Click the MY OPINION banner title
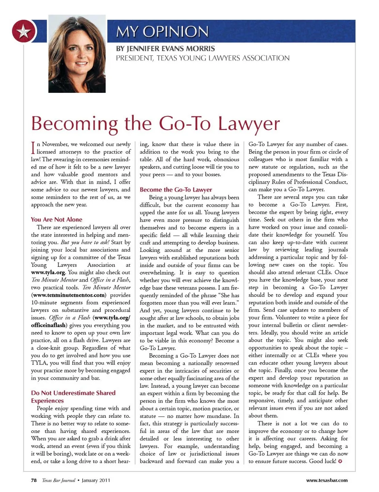click(162, 32)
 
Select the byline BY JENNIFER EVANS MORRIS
click(165, 49)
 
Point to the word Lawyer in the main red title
click(248, 123)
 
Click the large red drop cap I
click(33, 148)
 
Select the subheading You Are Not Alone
click(56, 220)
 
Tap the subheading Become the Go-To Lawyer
click(176, 190)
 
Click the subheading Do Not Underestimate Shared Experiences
click(73, 396)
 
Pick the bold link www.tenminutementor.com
click(69, 295)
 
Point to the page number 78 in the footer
click(34, 480)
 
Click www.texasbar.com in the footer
click(327, 480)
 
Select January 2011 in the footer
click(96, 480)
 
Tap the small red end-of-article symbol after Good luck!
click(340, 461)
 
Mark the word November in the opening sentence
click(56, 144)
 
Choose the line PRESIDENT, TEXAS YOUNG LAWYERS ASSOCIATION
click(203, 58)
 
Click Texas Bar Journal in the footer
click(58, 480)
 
